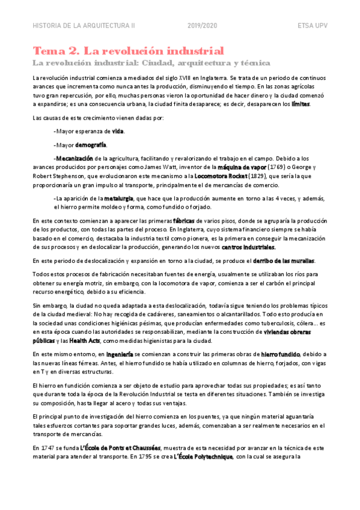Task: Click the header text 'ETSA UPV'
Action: (x=313, y=26)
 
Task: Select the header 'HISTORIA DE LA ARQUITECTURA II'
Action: (x=84, y=26)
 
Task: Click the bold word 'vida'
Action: (x=118, y=131)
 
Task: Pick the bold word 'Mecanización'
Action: (x=75, y=158)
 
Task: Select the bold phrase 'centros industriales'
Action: (x=248, y=247)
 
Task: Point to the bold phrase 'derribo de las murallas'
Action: (x=282, y=260)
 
